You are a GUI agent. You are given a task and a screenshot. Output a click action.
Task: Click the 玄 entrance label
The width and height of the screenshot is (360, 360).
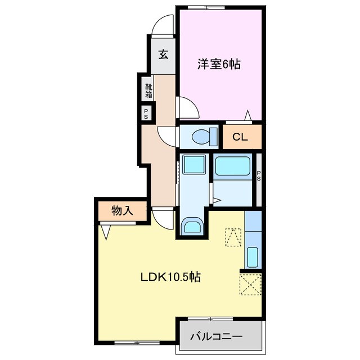pos(163,55)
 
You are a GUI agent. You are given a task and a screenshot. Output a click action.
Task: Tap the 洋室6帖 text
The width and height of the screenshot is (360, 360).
pos(219,65)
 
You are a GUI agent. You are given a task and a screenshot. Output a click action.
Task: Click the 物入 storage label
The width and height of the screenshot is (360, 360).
pos(122,211)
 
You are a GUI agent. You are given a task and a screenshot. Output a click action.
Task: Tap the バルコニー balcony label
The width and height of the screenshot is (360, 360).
pos(216,337)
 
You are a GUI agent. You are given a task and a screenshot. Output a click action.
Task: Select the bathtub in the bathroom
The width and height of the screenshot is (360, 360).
pos(232,166)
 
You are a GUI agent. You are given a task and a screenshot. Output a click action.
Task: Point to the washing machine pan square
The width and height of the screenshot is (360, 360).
pos(194,165)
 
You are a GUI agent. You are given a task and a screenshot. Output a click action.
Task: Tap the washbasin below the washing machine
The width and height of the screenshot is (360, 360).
pos(192,226)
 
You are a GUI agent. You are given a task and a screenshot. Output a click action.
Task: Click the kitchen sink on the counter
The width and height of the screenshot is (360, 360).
pos(253,257)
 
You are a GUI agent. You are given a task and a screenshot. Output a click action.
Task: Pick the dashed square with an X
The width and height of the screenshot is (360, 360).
pos(250,285)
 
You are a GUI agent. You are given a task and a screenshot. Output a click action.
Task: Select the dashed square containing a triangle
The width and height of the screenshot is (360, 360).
pos(232,237)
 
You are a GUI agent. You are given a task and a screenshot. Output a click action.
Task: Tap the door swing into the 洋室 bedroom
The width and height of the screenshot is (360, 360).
pos(187,108)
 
